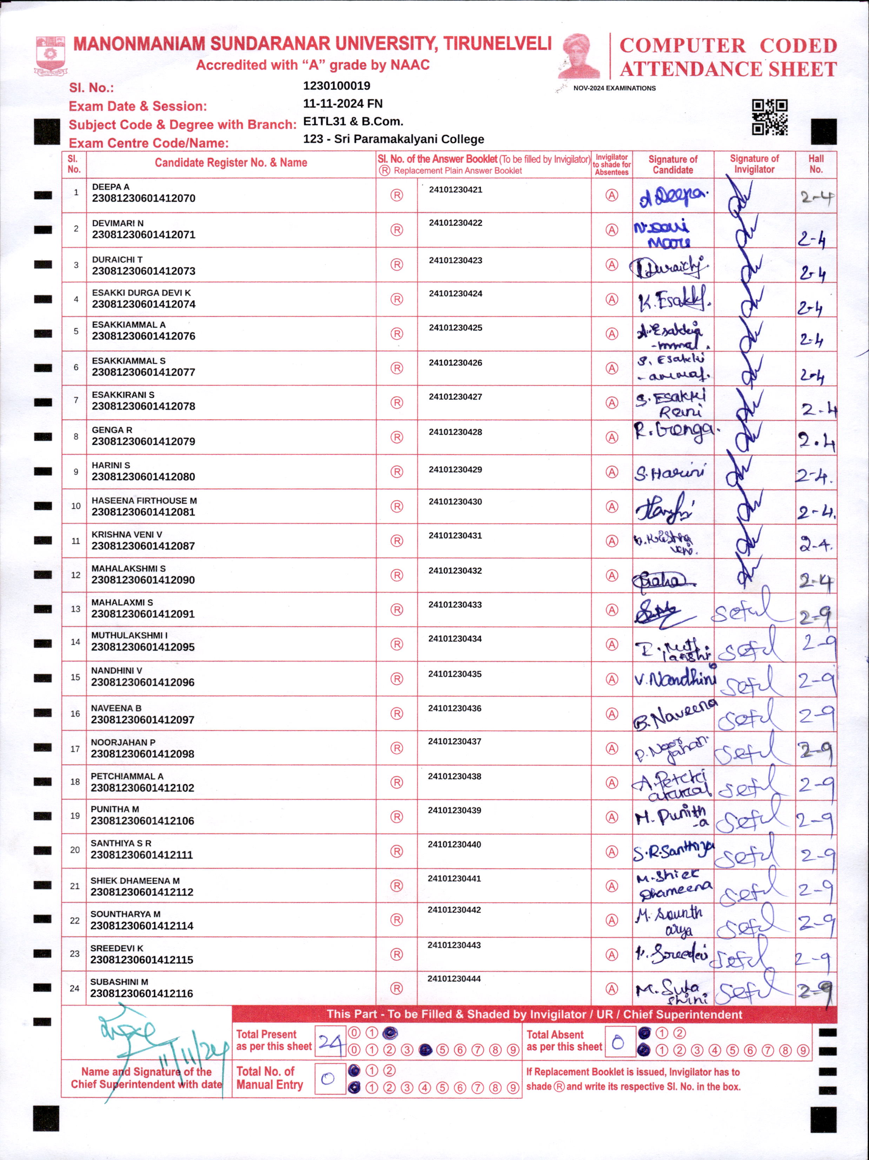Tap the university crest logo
coord(50,54)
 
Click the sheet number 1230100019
coord(337,85)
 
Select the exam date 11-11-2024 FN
coord(343,103)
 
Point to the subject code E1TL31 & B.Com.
coord(353,121)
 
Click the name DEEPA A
coord(111,187)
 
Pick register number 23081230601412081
coord(143,512)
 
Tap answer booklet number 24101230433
coord(455,605)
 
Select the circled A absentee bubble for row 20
coord(612,852)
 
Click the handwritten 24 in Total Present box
coord(330,1041)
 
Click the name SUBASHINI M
coord(119,982)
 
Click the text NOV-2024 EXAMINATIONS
coord(614,88)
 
